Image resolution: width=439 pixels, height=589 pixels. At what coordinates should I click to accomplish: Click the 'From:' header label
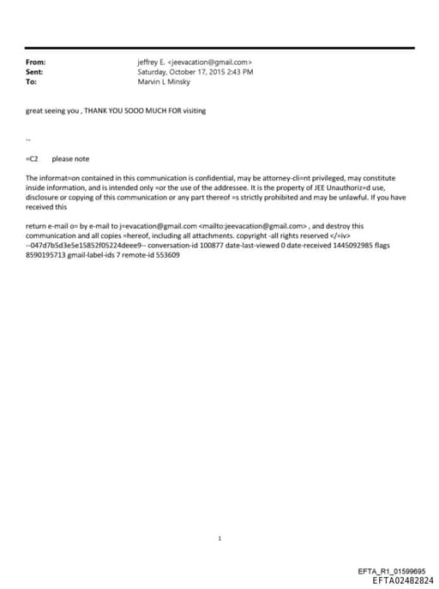pyautogui.click(x=36, y=62)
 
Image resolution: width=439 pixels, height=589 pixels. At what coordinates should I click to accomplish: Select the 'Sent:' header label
pyautogui.click(x=35, y=73)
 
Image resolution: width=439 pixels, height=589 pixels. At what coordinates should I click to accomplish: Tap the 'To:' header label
pyautogui.click(x=32, y=82)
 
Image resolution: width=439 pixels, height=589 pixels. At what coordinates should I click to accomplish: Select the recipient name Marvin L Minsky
pyautogui.click(x=164, y=82)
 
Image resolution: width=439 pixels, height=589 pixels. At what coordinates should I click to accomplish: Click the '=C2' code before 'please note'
pyautogui.click(x=33, y=159)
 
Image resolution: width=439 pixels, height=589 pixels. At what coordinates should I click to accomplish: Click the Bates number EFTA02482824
pyautogui.click(x=403, y=580)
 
